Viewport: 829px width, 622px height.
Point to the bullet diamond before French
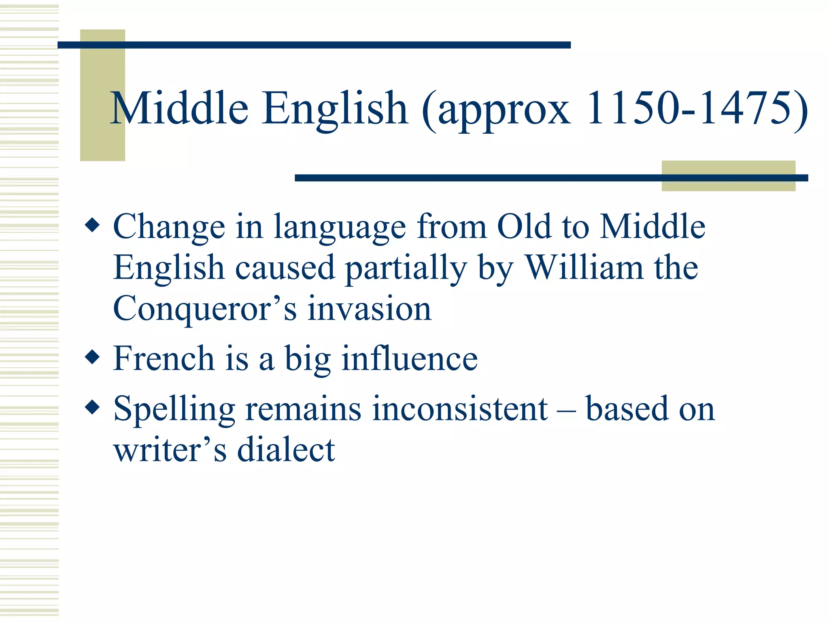(93, 357)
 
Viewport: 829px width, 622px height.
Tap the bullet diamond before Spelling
(93, 407)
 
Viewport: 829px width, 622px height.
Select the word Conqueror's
(205, 309)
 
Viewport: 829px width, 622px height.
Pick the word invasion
(369, 309)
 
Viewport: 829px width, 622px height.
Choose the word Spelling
(174, 409)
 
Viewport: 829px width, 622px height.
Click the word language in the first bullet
(340, 228)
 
